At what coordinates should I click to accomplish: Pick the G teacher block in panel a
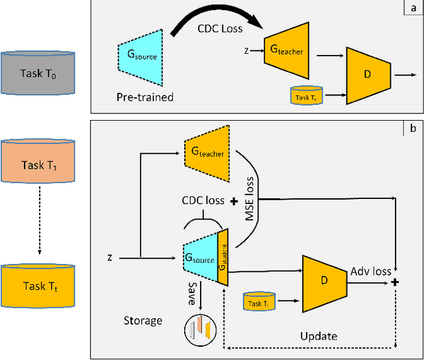pos(286,48)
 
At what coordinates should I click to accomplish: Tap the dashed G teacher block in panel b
pos(207,153)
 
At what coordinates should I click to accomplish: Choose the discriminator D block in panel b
pos(324,280)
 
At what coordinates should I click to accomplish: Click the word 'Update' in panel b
pos(319,336)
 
